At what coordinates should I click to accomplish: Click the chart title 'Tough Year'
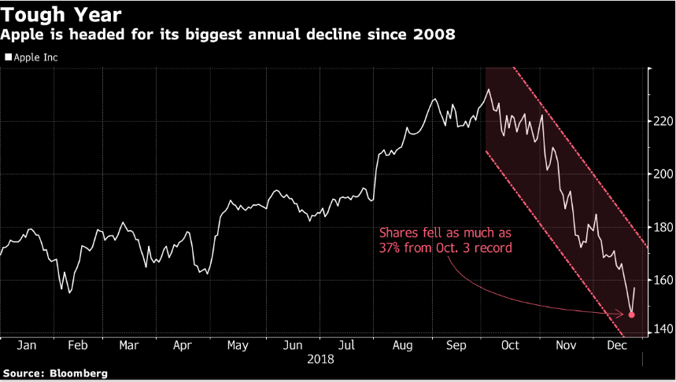61,14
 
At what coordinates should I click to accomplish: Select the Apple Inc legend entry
35,57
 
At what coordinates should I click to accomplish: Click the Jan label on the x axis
26,345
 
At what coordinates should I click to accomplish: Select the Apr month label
183,345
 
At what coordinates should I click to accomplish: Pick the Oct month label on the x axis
510,345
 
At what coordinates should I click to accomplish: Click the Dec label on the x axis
617,345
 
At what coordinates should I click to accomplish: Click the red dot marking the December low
632,314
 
